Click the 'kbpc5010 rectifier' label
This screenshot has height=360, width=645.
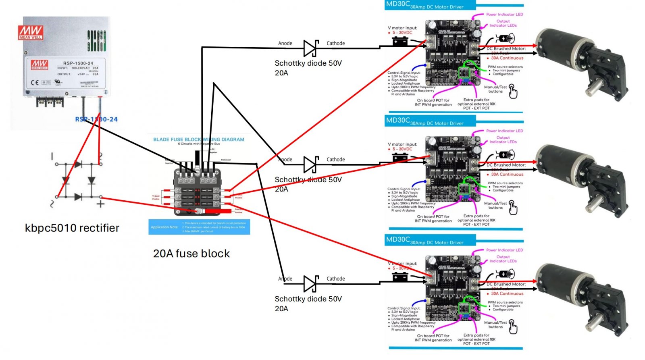72,228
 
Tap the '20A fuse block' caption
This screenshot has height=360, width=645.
191,254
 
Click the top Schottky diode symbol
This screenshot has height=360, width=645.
310,48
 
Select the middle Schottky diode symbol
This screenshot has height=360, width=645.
310,164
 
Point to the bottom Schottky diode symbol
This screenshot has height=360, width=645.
310,284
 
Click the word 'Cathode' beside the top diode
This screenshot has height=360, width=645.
335,44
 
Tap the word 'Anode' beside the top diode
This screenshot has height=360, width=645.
285,44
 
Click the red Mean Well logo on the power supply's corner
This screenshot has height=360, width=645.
31,32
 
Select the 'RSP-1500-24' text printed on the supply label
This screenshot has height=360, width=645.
78,63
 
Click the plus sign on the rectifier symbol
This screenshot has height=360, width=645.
100,204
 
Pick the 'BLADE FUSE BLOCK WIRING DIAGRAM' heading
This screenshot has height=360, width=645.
198,139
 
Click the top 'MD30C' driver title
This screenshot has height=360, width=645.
397,4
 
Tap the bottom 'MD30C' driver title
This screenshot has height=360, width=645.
397,239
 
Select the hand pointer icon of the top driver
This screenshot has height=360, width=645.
513,91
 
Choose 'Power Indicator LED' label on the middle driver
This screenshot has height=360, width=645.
504,131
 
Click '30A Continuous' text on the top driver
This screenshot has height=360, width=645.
507,58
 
